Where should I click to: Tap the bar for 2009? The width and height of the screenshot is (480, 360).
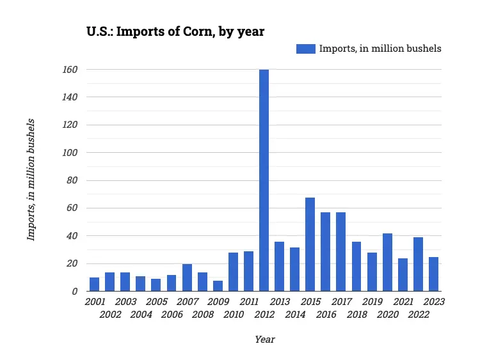(218, 286)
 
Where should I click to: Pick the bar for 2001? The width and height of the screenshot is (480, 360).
(94, 285)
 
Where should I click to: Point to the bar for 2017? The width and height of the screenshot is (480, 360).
(340, 252)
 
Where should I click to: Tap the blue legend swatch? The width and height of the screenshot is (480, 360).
(305, 49)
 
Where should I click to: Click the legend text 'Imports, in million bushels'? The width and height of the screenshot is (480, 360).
(380, 49)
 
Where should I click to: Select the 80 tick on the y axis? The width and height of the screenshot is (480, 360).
(72, 180)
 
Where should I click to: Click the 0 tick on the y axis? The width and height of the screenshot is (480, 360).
(75, 292)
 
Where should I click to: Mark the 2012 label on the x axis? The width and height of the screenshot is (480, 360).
(264, 315)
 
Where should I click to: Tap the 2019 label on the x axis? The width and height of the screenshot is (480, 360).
(372, 301)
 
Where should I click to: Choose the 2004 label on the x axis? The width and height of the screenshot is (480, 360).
(141, 315)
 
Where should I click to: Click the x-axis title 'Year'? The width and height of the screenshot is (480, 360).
(264, 340)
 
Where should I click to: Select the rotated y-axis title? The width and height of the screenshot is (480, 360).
(30, 180)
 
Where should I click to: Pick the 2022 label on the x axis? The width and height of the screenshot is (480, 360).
(419, 315)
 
